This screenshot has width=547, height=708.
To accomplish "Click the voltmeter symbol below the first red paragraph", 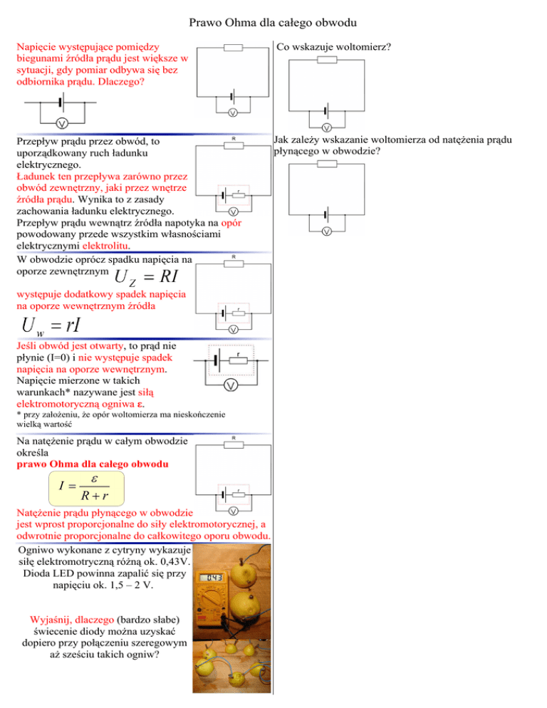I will click(x=61, y=123).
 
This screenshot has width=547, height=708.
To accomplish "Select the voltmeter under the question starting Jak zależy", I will click(x=326, y=232).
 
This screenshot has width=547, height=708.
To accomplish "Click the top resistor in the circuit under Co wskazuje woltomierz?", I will click(x=326, y=60).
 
